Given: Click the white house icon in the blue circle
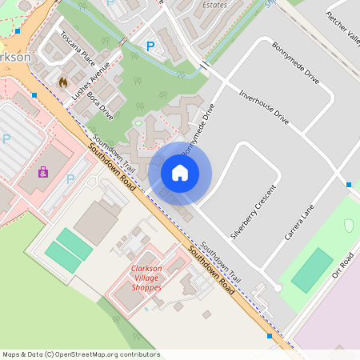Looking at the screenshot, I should [180, 173].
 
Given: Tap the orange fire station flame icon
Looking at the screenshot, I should [63, 82].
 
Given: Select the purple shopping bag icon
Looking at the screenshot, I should [42, 171].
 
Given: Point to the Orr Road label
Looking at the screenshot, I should [342, 266].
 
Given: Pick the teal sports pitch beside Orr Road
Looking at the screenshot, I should [312, 270].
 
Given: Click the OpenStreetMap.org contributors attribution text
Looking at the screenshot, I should [81, 354].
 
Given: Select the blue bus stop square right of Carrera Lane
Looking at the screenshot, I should [349, 185].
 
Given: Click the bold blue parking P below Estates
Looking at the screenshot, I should [150, 47].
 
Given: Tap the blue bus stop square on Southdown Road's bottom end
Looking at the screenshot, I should [270, 337].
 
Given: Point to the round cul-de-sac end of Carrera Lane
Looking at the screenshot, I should [277, 288].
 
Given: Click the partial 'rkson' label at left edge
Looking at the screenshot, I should [15, 58].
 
